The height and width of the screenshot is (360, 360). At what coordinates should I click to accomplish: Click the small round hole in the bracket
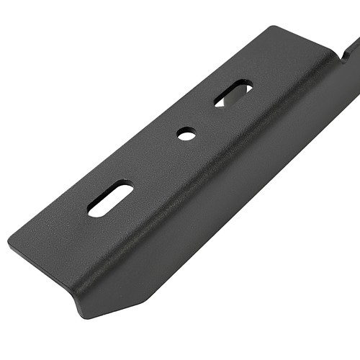(x=186, y=133)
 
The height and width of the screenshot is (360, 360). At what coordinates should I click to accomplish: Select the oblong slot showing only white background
(x=110, y=200)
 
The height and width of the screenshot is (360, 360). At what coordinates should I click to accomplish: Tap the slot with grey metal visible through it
(x=233, y=93)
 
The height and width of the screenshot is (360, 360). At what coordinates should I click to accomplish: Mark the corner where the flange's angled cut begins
(x=149, y=298)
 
